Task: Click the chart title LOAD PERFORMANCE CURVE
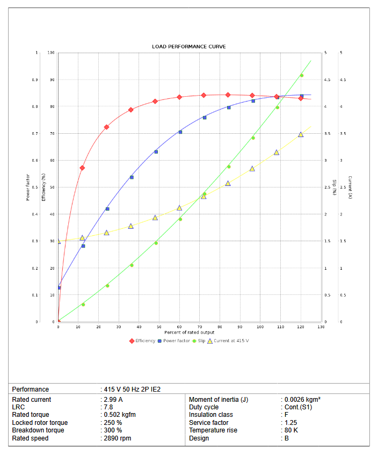[188, 47]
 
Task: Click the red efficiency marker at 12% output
[82, 168]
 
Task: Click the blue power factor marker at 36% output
[132, 177]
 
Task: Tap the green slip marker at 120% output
[301, 76]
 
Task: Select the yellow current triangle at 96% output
[252, 169]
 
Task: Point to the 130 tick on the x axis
[321, 327]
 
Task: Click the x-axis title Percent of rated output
[189, 333]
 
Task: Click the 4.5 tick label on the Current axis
[342, 80]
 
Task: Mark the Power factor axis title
[27, 187]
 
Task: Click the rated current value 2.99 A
[113, 400]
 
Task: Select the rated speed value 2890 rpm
[118, 438]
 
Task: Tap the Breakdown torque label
[38, 430]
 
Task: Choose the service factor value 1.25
[291, 423]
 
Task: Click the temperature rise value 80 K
[290, 430]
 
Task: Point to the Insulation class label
[211, 415]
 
